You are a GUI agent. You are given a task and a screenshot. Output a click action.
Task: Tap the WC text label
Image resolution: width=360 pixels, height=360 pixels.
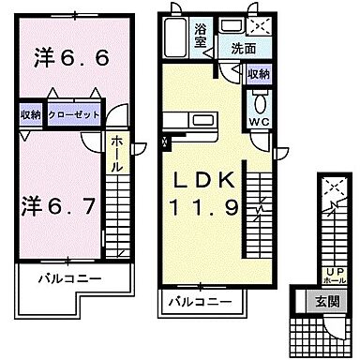[260, 123]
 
